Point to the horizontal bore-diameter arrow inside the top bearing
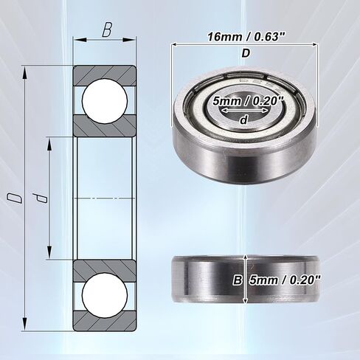point(243,111)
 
